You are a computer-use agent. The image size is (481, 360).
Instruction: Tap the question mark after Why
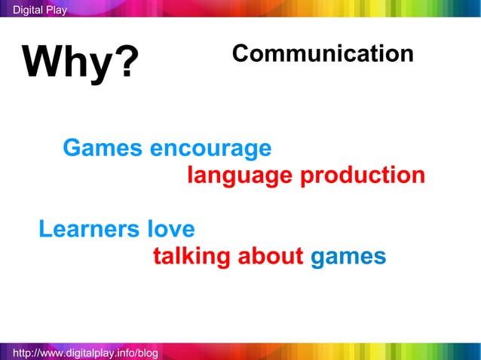click(127, 63)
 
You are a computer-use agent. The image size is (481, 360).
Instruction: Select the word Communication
click(323, 53)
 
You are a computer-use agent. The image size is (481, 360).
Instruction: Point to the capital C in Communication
click(240, 53)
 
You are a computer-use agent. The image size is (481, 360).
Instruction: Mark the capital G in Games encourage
click(72, 148)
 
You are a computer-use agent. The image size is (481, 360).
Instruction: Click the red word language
click(240, 177)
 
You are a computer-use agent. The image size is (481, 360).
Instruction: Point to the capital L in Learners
click(45, 229)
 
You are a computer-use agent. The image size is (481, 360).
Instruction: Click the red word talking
click(191, 257)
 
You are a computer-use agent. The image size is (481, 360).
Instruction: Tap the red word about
click(270, 257)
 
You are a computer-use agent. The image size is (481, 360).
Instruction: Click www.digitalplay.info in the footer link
click(81, 352)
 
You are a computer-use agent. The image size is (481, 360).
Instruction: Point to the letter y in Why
click(105, 66)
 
